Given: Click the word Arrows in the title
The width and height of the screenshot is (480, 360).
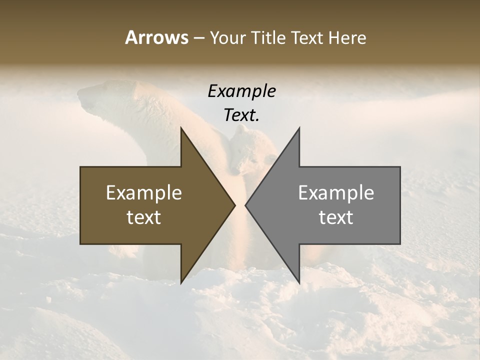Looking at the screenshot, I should [156, 37].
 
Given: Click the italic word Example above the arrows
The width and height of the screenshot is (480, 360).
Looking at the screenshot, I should [241, 91].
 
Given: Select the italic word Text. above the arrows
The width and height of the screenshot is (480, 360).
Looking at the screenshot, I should [241, 115].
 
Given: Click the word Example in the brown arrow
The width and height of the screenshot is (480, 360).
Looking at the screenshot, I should [144, 193].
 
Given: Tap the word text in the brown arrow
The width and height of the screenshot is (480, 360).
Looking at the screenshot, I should [144, 217].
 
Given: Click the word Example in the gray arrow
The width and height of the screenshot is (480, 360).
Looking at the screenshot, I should [336, 193].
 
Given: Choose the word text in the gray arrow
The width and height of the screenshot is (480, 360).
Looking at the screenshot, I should [336, 217].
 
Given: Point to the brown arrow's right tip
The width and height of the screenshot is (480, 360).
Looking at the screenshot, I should [234, 205].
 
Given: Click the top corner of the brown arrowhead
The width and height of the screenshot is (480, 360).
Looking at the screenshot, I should [181, 128].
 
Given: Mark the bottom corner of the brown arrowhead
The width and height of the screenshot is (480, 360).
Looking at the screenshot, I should [181, 283].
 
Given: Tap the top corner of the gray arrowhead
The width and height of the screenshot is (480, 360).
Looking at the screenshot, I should [299, 128].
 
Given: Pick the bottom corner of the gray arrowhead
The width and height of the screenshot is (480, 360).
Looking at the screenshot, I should [299, 283].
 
